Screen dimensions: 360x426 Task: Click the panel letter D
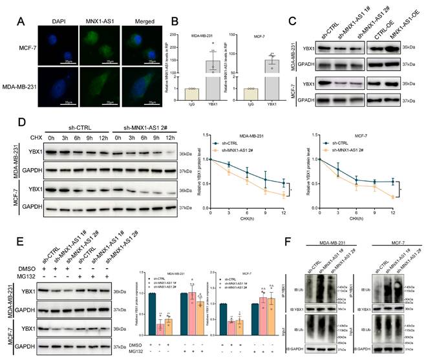[x=21, y=121]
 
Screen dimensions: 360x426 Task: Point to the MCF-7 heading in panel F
[x=384, y=240]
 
